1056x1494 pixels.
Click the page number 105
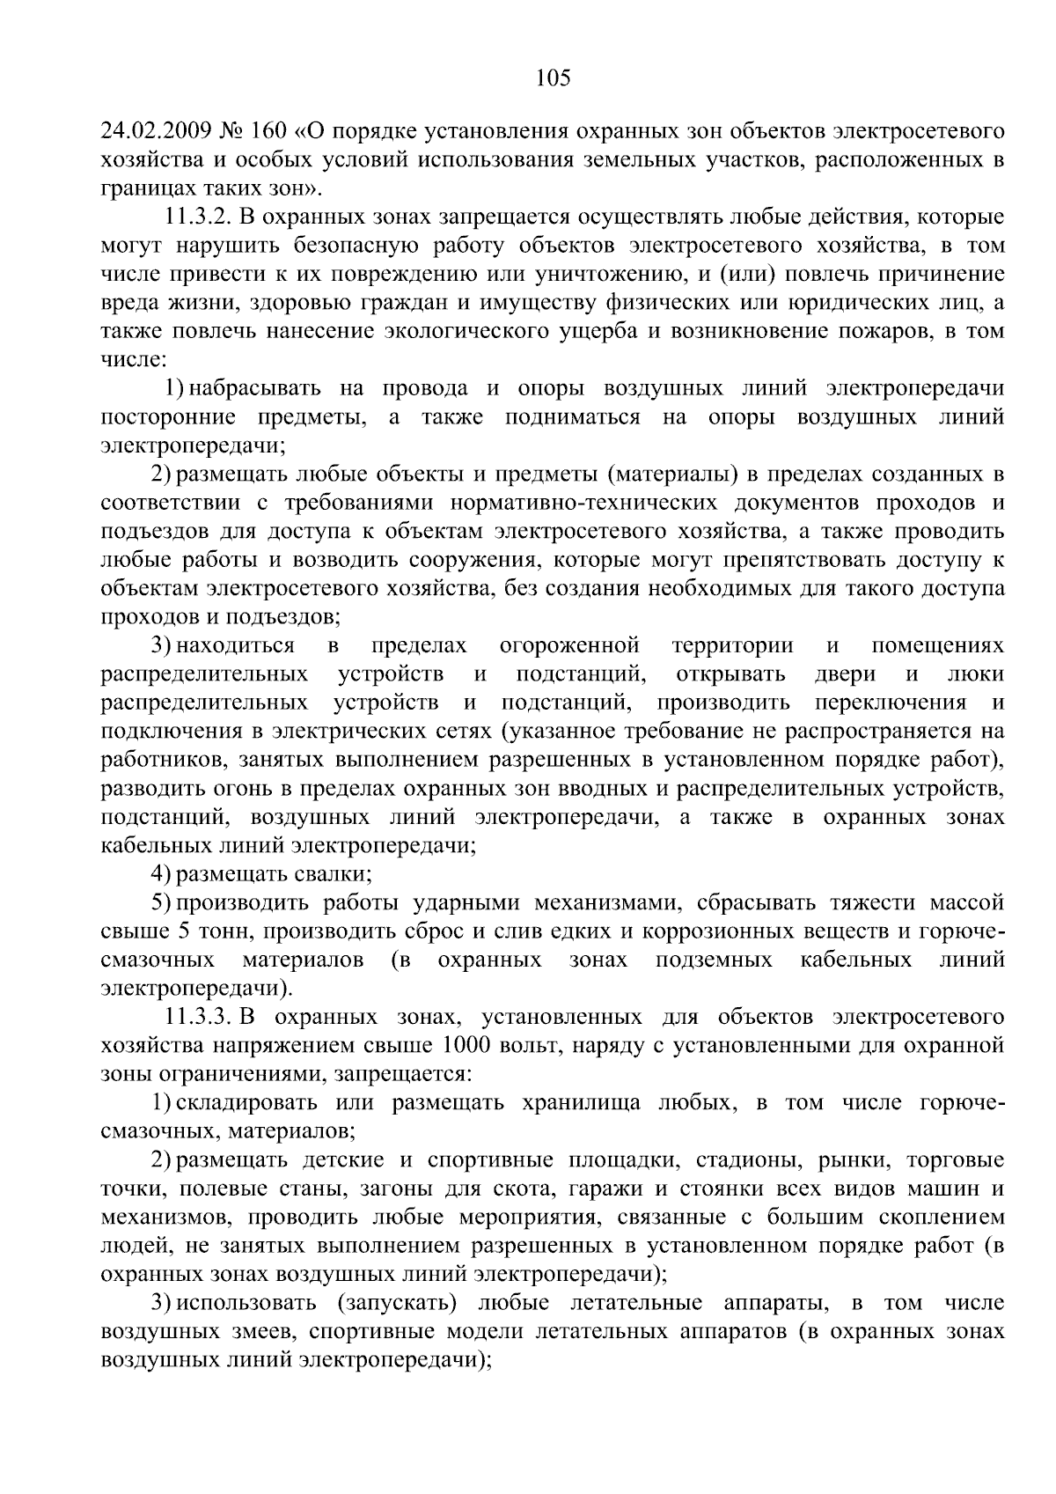554,78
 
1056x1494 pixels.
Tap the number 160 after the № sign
269,132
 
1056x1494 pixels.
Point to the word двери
846,674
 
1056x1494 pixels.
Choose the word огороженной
568,645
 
